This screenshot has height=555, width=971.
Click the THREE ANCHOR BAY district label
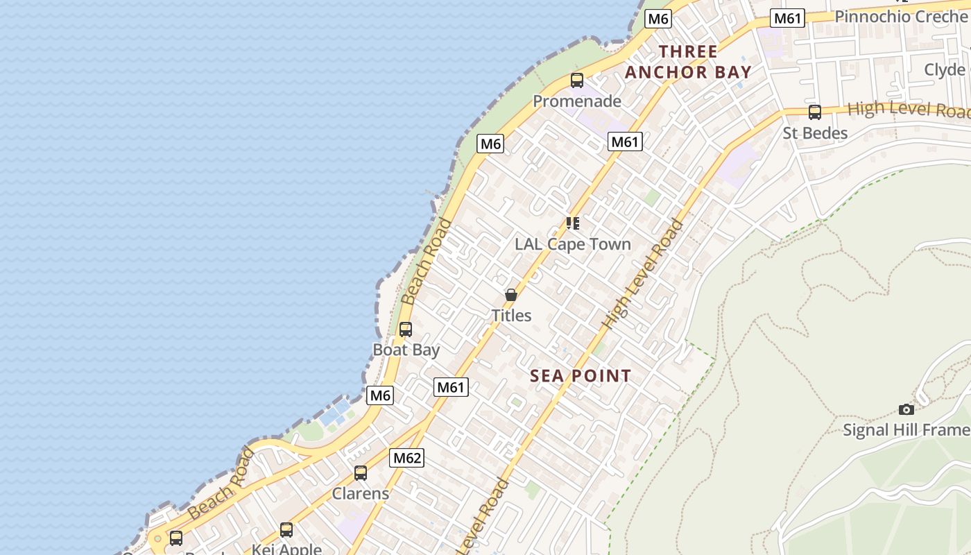tap(688, 62)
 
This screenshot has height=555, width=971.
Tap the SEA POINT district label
tap(581, 376)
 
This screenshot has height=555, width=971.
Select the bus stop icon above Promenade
tap(577, 80)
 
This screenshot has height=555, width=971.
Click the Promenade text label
tap(577, 101)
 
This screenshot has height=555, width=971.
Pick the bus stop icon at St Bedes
tap(815, 112)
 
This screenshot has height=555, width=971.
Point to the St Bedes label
tap(815, 133)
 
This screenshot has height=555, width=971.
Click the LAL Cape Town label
tap(573, 244)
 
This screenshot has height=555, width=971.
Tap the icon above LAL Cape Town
tap(573, 223)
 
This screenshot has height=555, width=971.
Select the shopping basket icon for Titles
tap(511, 295)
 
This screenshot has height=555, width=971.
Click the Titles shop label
tap(511, 316)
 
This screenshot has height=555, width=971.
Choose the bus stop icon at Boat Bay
tap(406, 330)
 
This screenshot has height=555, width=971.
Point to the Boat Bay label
tap(406, 350)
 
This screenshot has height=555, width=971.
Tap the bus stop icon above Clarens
tap(361, 473)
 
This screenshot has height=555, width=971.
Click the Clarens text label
tap(361, 494)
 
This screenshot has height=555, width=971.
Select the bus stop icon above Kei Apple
tap(286, 530)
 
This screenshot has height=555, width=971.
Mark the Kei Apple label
tap(286, 549)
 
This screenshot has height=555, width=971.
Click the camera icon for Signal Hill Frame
tap(906, 409)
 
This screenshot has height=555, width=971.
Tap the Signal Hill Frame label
tap(906, 430)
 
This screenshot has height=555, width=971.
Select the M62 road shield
tap(407, 458)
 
